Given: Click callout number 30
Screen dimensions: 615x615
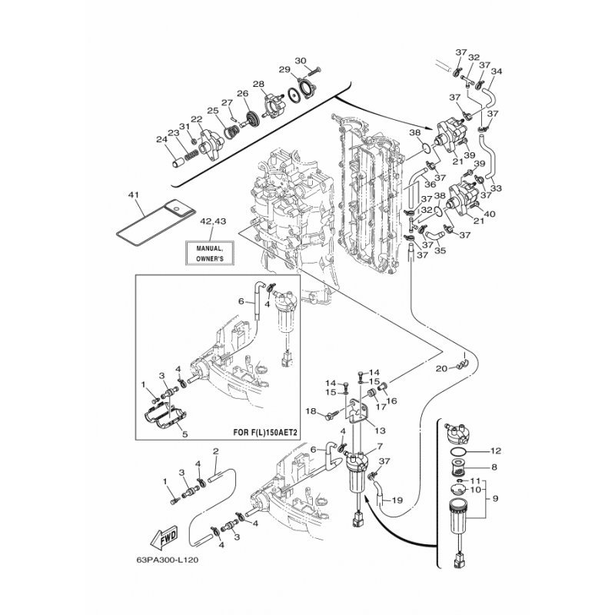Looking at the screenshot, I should pyautogui.click(x=301, y=60).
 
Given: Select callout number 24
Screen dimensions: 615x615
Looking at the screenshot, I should pyautogui.click(x=161, y=139).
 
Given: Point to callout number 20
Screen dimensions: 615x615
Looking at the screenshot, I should pyautogui.click(x=440, y=369).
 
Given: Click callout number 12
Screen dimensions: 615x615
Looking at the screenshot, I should pyautogui.click(x=496, y=450).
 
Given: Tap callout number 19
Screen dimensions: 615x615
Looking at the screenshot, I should pyautogui.click(x=397, y=500).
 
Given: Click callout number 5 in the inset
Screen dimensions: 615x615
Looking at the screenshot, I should pyautogui.click(x=184, y=434).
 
